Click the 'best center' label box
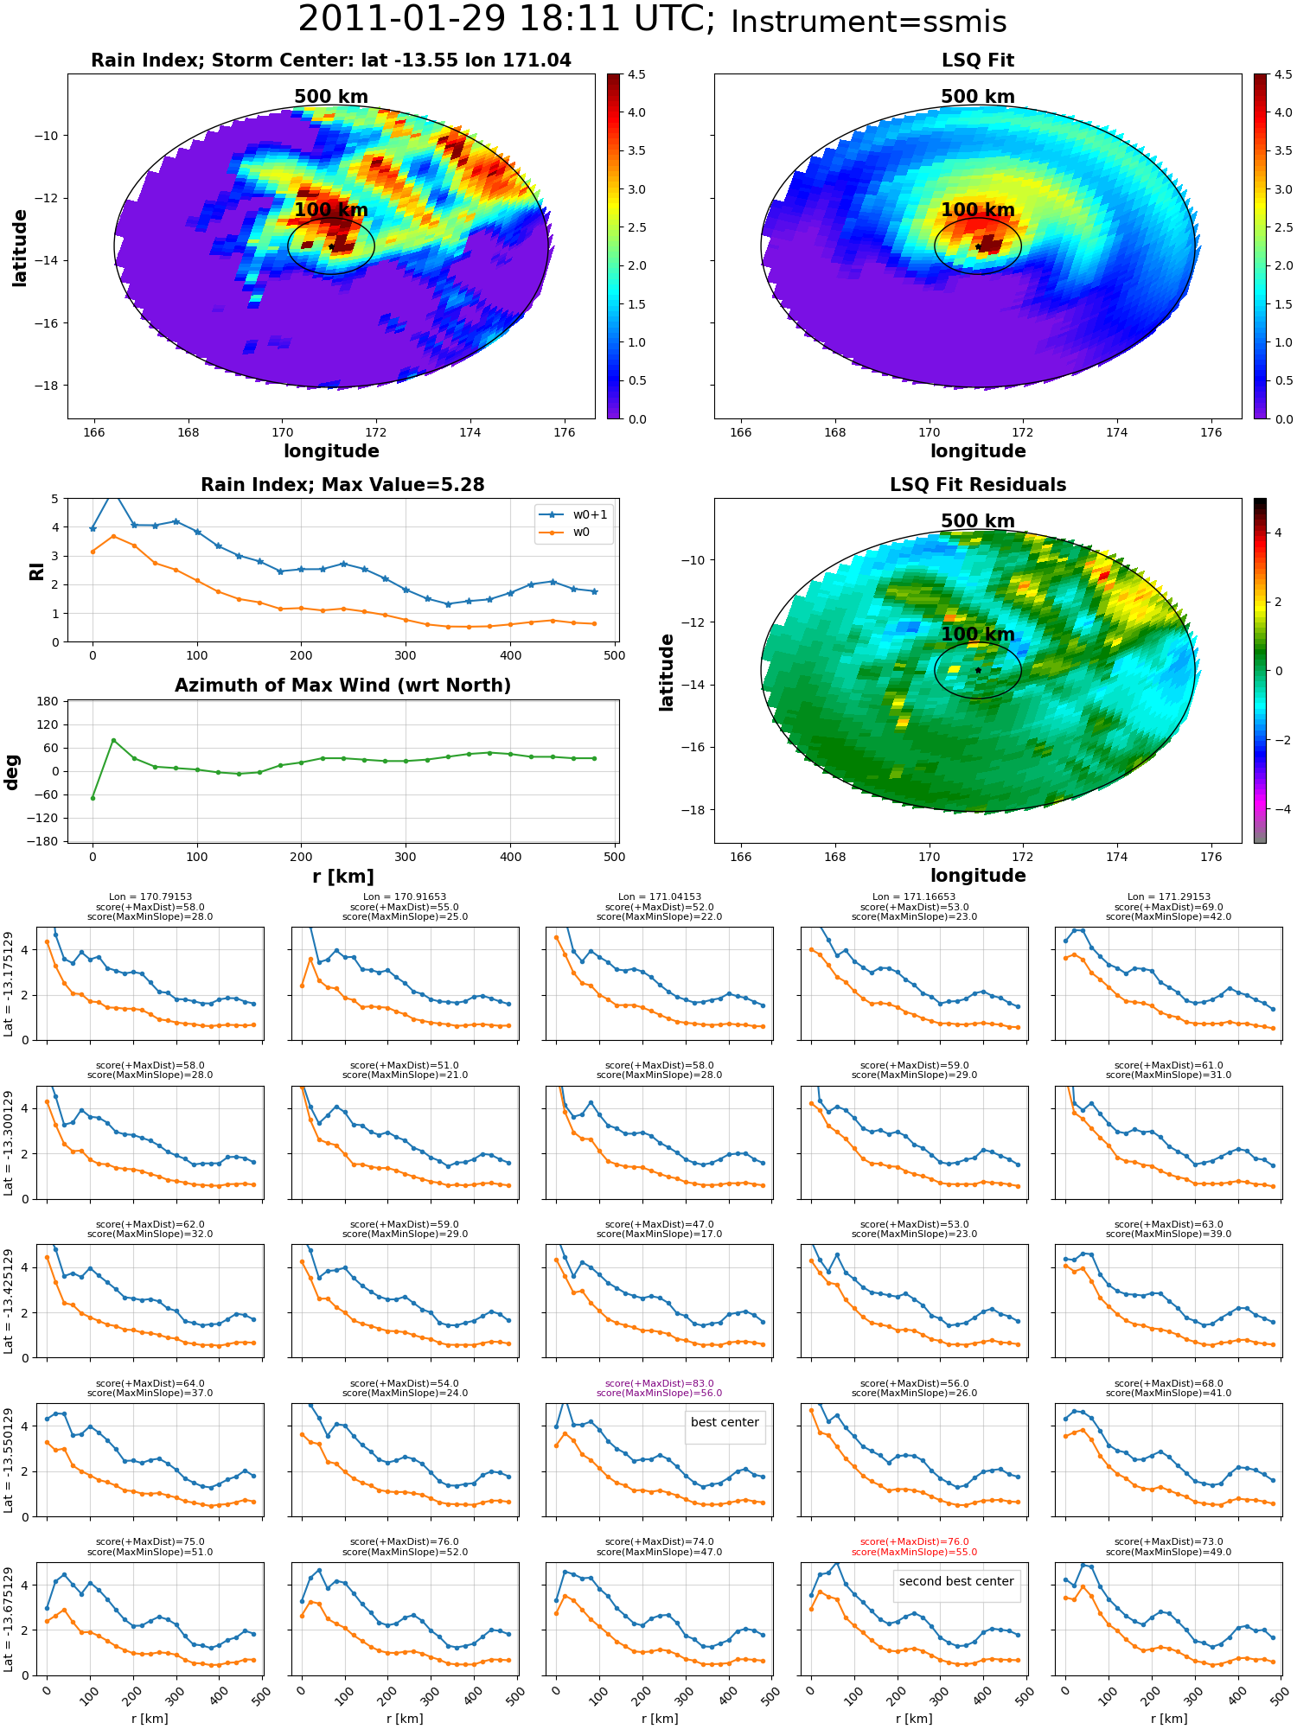pos(725,1422)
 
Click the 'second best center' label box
pos(956,1581)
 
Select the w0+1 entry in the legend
pos(574,514)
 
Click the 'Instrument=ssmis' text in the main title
pos(868,22)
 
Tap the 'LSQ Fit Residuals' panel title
pos(978,485)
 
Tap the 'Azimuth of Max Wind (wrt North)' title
pos(342,686)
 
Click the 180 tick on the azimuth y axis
pos(48,701)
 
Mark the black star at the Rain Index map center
pos(331,246)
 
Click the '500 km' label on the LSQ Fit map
pos(978,97)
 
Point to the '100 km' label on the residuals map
pos(978,635)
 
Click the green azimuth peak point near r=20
pos(113,740)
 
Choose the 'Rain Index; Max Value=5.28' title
pos(342,485)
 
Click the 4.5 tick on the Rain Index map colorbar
pos(636,75)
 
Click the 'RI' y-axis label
pos(36,571)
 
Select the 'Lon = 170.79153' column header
pos(150,897)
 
